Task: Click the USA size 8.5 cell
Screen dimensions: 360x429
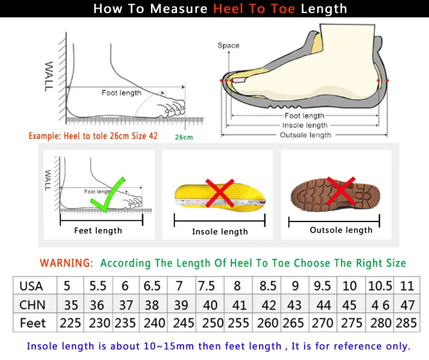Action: (x=268, y=286)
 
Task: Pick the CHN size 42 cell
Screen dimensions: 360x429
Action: (x=268, y=305)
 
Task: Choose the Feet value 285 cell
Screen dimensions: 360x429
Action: (x=406, y=323)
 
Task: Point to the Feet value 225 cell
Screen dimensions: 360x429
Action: (x=71, y=323)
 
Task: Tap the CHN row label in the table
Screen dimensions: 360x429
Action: (x=32, y=305)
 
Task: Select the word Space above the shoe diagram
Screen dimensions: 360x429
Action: (x=228, y=46)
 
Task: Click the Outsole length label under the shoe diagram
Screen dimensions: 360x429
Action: (x=305, y=135)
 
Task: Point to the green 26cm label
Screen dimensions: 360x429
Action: (x=184, y=137)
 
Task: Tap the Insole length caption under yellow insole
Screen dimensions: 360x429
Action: (x=219, y=232)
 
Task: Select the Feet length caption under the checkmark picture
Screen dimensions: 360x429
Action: (x=98, y=231)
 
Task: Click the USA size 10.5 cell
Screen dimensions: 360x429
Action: (x=380, y=286)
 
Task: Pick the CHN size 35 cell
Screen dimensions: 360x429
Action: (x=71, y=305)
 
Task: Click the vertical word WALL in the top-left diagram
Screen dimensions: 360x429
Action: (x=49, y=75)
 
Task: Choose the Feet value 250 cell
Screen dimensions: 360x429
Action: (x=212, y=323)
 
